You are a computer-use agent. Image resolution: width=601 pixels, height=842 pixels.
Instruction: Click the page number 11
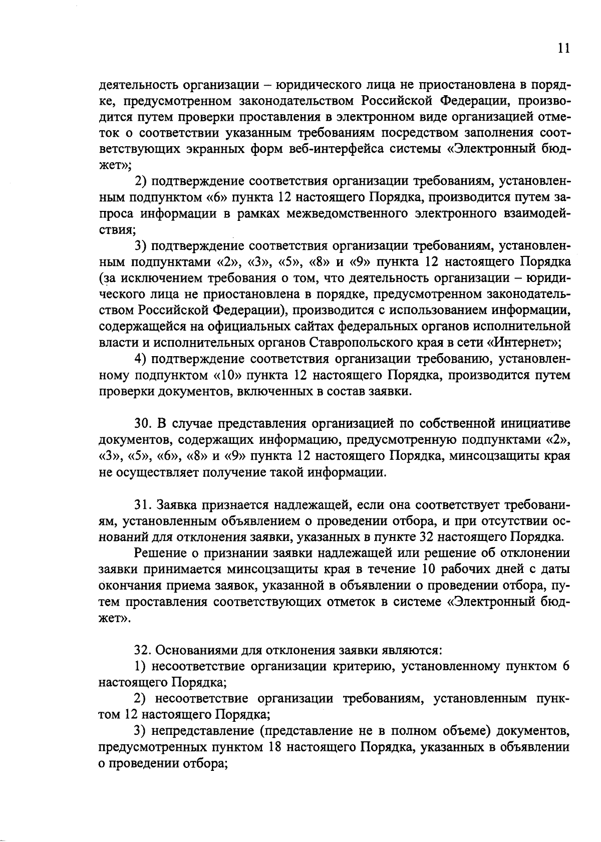click(563, 48)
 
